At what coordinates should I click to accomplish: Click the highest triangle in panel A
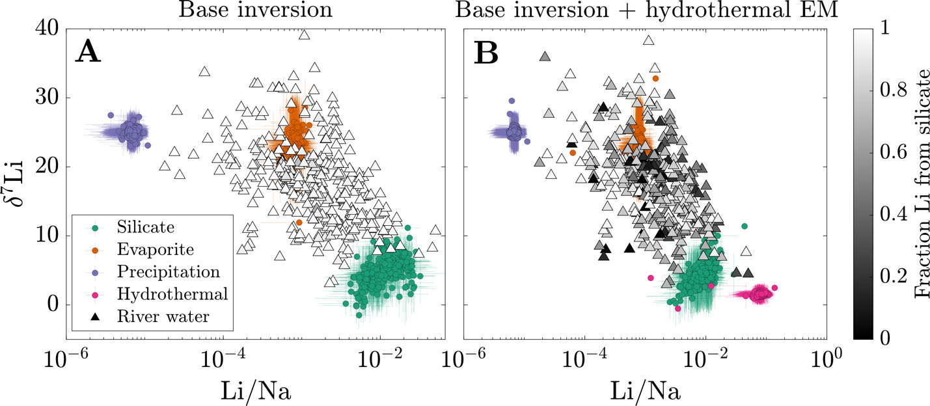tap(303, 35)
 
